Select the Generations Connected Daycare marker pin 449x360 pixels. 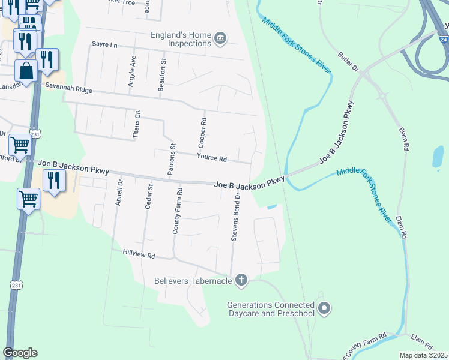[324, 308]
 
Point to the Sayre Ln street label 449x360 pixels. [105, 44]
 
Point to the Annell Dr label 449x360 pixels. [119, 193]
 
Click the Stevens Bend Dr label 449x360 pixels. [236, 217]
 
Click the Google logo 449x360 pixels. [20, 353]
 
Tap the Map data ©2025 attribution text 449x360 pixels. [423, 355]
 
